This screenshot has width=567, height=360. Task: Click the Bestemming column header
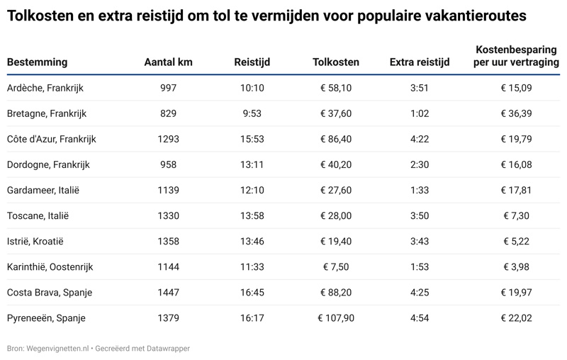[37, 62]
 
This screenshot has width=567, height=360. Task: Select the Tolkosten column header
[336, 62]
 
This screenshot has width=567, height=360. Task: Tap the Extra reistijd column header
[420, 62]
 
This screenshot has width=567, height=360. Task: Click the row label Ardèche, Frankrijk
[45, 88]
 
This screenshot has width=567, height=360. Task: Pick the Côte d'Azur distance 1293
[168, 139]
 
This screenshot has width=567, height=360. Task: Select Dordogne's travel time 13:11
[252, 164]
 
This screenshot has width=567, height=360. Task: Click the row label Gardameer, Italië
[43, 190]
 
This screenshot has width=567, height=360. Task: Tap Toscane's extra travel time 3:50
[420, 215]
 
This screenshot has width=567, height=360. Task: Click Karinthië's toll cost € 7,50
[336, 266]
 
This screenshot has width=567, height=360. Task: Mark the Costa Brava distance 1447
[168, 292]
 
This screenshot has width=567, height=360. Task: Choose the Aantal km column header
[168, 62]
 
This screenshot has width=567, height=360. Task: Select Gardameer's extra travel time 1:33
[420, 190]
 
